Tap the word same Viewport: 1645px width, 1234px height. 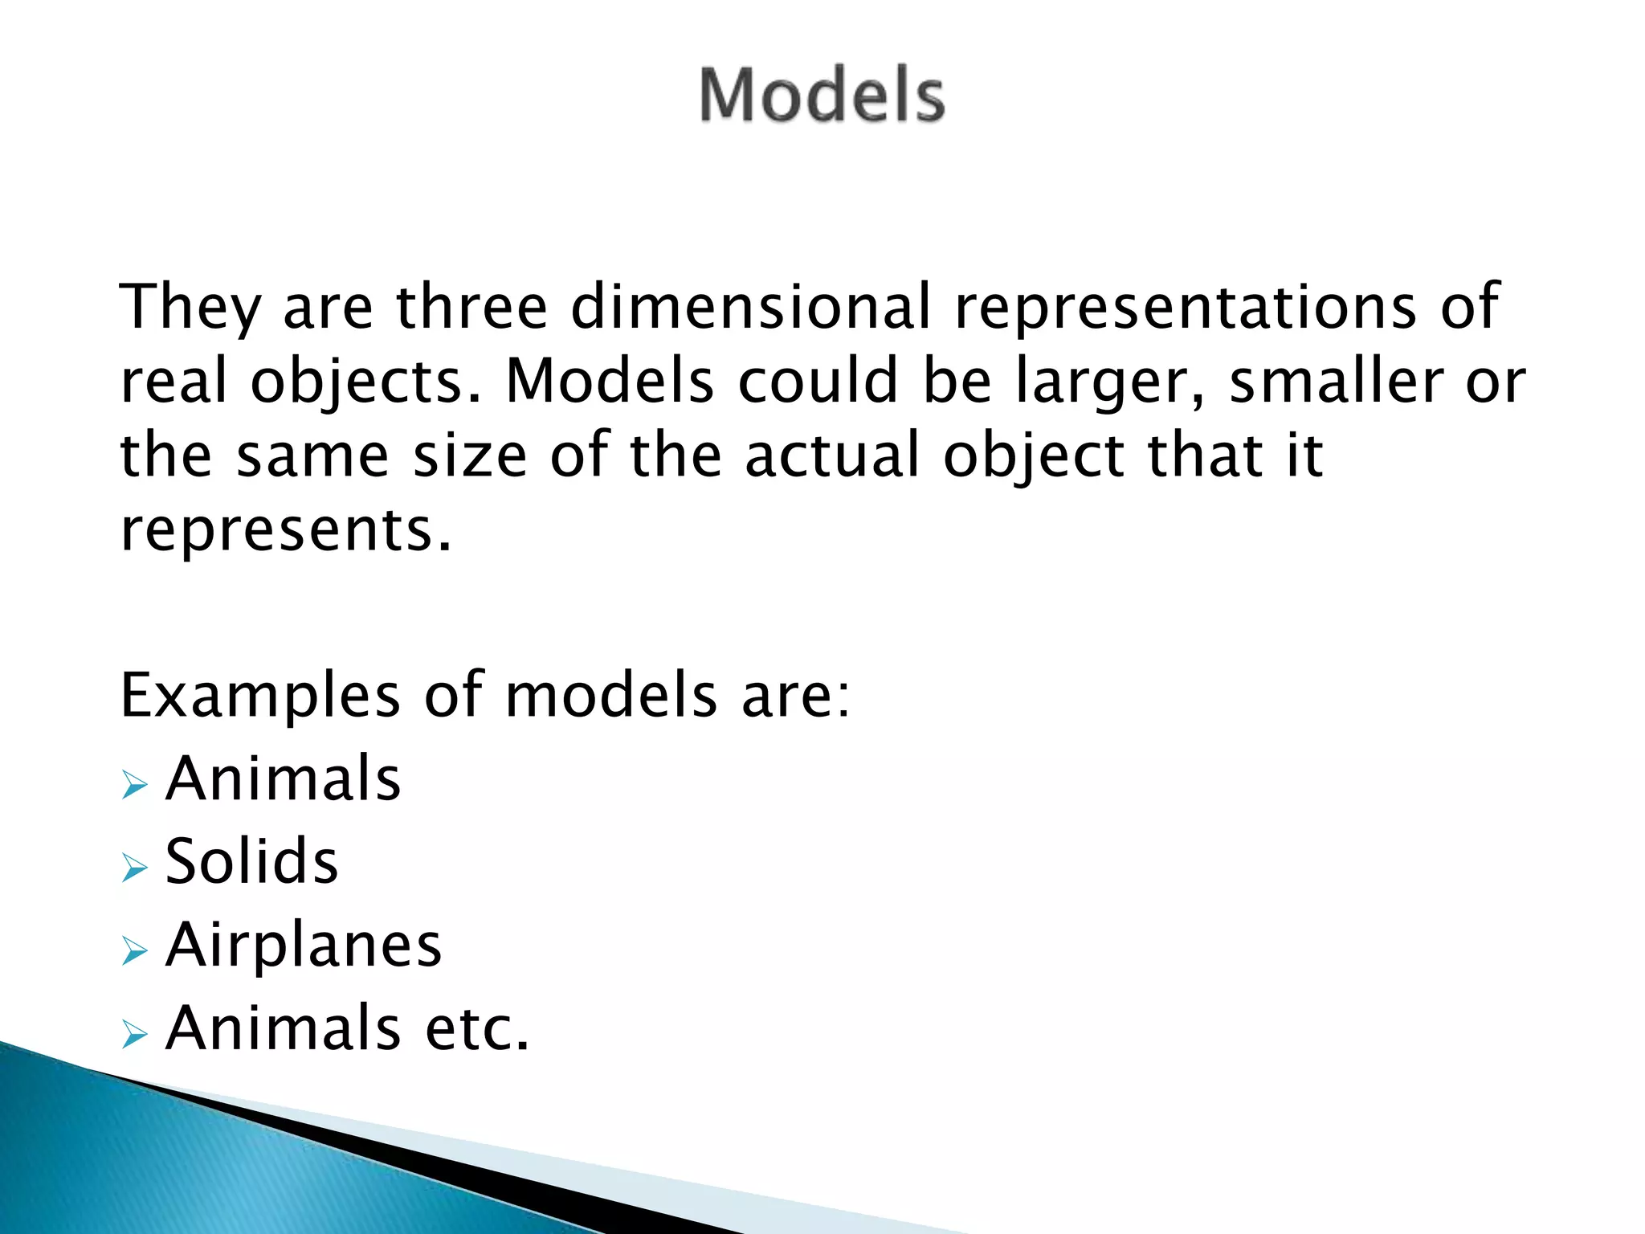(x=312, y=456)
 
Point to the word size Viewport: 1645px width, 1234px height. (x=470, y=456)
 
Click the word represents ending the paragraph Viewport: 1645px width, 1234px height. (x=285, y=530)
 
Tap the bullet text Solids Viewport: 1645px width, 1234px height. (x=251, y=861)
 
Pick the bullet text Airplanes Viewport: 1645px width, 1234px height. (x=304, y=945)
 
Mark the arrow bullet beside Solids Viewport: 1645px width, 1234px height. (x=134, y=868)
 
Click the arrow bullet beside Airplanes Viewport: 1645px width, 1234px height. (x=134, y=951)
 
